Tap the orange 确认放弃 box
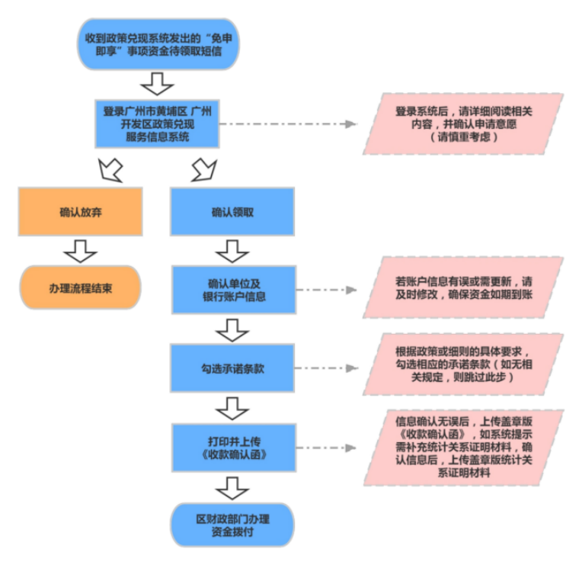(80, 212)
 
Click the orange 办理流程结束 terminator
(80, 287)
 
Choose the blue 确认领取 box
(232, 212)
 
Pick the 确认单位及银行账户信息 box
(232, 289)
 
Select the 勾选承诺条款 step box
(232, 368)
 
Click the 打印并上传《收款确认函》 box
(232, 447)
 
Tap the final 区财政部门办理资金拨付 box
(232, 525)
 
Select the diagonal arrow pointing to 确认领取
(205, 169)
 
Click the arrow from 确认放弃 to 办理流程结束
(80, 249)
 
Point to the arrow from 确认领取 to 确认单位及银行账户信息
(232, 250)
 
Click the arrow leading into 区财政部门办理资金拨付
(232, 486)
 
